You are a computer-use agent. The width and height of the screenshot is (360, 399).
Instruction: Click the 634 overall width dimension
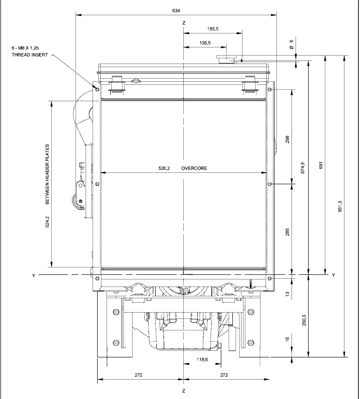coord(176,11)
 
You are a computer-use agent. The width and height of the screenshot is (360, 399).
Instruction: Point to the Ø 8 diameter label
coord(291,45)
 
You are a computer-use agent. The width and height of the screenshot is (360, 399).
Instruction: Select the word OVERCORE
coord(194,168)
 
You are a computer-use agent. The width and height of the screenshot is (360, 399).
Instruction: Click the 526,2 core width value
coord(164,168)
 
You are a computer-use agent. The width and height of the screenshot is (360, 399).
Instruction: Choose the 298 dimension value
coord(288,139)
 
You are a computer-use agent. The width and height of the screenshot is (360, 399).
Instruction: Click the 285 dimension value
coord(288,231)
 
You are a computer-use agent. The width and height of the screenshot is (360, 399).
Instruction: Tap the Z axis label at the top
coord(184,23)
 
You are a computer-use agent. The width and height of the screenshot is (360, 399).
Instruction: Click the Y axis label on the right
coord(333,275)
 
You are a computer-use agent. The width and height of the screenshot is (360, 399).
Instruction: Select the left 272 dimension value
coord(138,375)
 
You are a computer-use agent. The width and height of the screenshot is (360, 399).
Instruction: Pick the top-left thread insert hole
coord(97,89)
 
